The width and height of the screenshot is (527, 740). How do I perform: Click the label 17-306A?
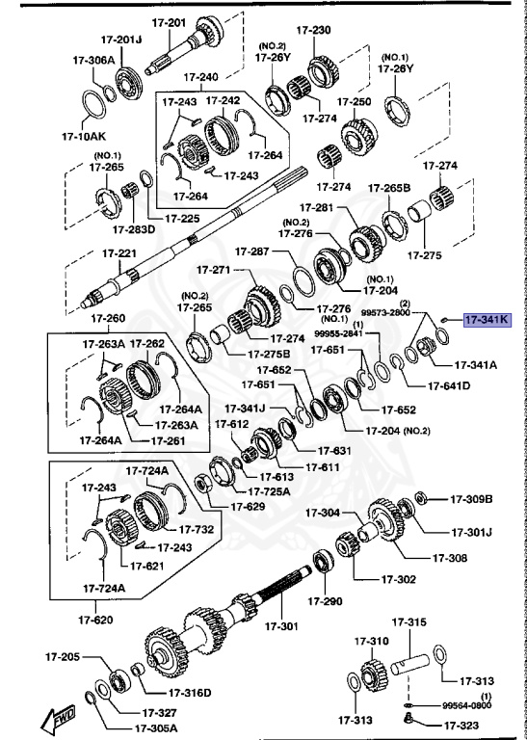(93, 60)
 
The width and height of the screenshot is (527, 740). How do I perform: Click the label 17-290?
(325, 601)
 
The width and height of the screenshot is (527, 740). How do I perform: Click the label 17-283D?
(132, 229)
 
